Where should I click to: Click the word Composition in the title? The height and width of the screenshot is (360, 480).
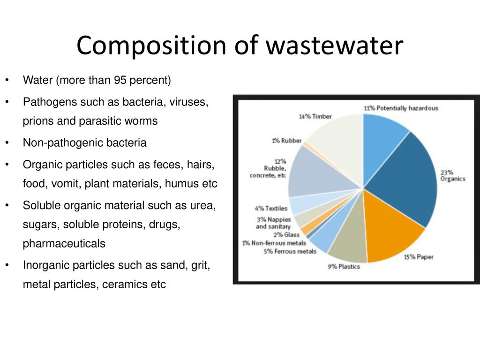pyautogui.click(x=151, y=45)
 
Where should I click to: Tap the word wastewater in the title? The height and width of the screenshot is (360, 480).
pyautogui.click(x=334, y=45)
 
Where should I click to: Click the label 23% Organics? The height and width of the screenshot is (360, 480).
pyautogui.click(x=453, y=176)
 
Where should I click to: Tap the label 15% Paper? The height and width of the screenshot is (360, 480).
pyautogui.click(x=419, y=257)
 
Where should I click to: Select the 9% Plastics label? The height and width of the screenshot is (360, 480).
pyautogui.click(x=344, y=267)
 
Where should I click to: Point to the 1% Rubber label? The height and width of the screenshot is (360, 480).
pyautogui.click(x=287, y=141)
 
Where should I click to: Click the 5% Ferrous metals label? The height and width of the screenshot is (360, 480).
pyautogui.click(x=290, y=251)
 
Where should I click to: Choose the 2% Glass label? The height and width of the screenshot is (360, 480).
pyautogui.click(x=286, y=235)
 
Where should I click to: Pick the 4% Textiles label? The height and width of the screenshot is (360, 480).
pyautogui.click(x=271, y=209)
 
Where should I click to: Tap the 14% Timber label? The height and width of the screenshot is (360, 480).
pyautogui.click(x=315, y=116)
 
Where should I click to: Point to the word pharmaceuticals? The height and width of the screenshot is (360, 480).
pyautogui.click(x=64, y=244)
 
